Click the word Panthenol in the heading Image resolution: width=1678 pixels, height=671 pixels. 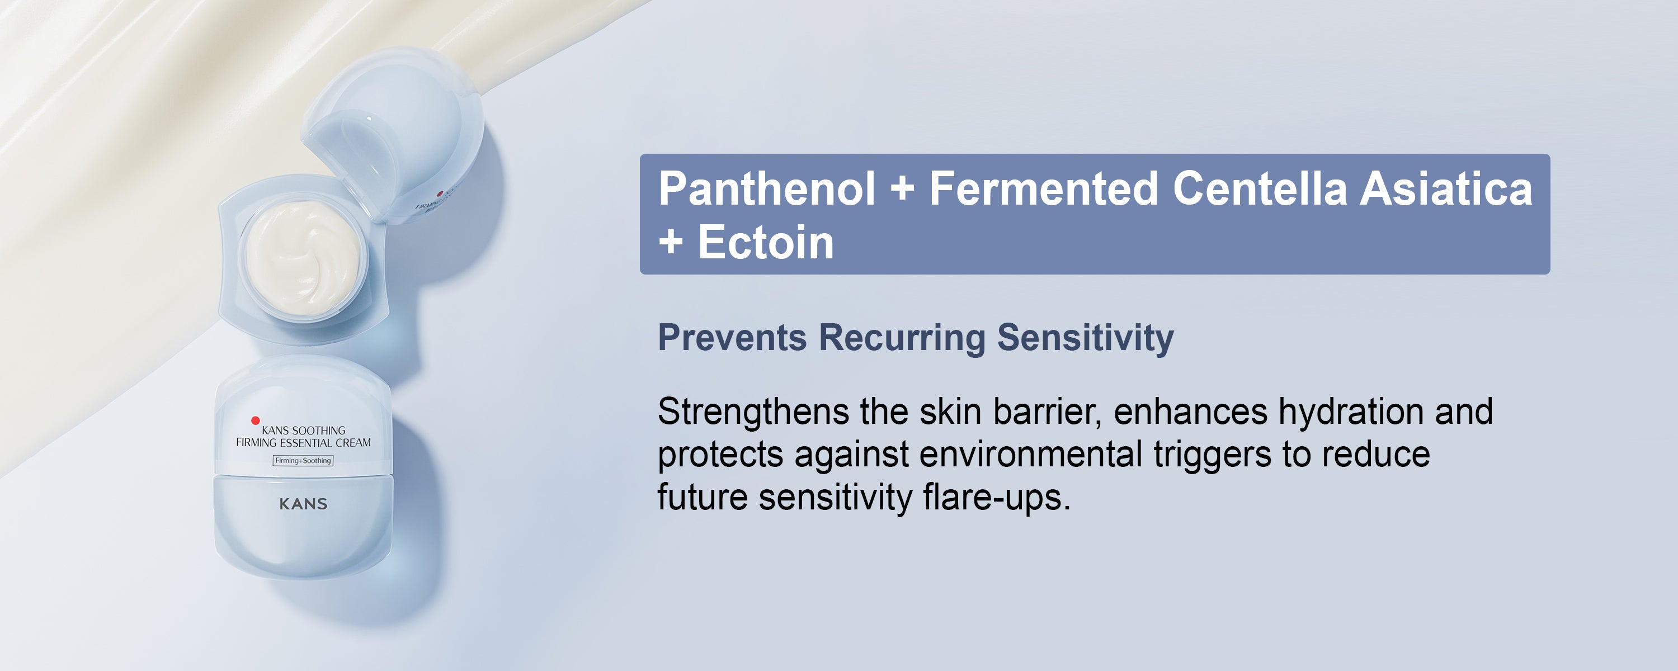(x=767, y=188)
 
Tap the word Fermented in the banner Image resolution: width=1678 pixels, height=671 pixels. (x=1044, y=188)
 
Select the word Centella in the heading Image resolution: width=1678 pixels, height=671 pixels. (x=1259, y=188)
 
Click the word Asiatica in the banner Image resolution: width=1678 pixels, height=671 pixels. (x=1446, y=188)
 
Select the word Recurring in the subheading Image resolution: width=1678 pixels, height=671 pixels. (x=902, y=339)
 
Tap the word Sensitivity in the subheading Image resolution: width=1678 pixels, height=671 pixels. (x=1085, y=339)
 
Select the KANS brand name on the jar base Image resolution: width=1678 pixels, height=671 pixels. (x=304, y=504)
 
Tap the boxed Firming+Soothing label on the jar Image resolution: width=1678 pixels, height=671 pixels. (x=303, y=461)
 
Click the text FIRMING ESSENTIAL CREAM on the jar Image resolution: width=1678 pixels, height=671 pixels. (x=304, y=443)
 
